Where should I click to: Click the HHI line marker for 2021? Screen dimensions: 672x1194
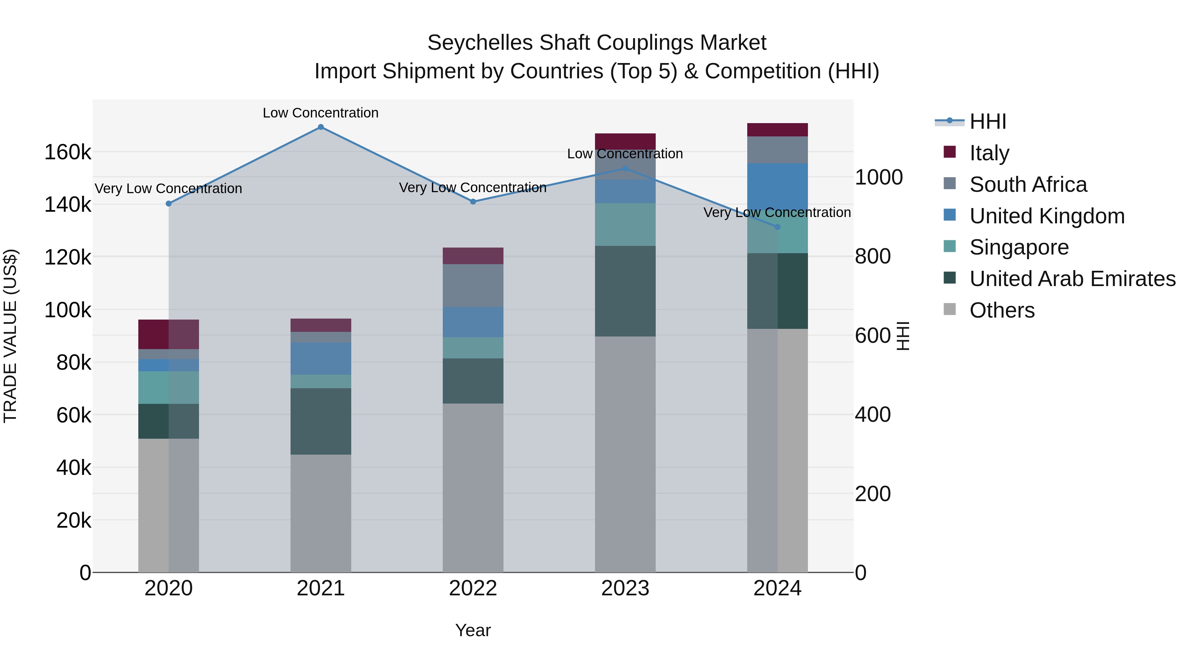coord(321,127)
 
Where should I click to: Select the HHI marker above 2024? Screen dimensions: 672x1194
coord(777,227)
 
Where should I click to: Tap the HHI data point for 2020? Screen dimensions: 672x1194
coord(169,204)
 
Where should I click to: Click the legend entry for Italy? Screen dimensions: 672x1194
coord(989,153)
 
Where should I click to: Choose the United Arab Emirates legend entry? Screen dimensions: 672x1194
coord(1072,279)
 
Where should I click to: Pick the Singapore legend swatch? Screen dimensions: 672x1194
coord(950,246)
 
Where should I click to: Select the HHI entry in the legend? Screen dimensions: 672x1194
coord(987,121)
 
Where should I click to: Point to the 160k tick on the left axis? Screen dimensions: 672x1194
coord(68,152)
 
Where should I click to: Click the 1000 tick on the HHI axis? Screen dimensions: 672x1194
coord(878,177)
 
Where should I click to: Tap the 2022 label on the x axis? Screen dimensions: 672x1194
coord(473,588)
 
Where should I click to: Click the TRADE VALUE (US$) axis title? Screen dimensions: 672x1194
coord(10,336)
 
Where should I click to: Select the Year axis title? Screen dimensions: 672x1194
coord(473,630)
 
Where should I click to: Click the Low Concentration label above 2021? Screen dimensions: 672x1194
coord(321,113)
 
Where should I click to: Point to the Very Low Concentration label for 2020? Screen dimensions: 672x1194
coord(169,189)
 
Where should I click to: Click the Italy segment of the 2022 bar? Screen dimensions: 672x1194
coord(473,256)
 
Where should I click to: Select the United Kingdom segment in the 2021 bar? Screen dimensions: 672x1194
coord(321,358)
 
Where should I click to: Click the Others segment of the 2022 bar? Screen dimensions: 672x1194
coord(473,487)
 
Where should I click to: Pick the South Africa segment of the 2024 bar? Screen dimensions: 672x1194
coord(777,149)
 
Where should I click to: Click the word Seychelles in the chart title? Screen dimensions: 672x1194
coord(480,43)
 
